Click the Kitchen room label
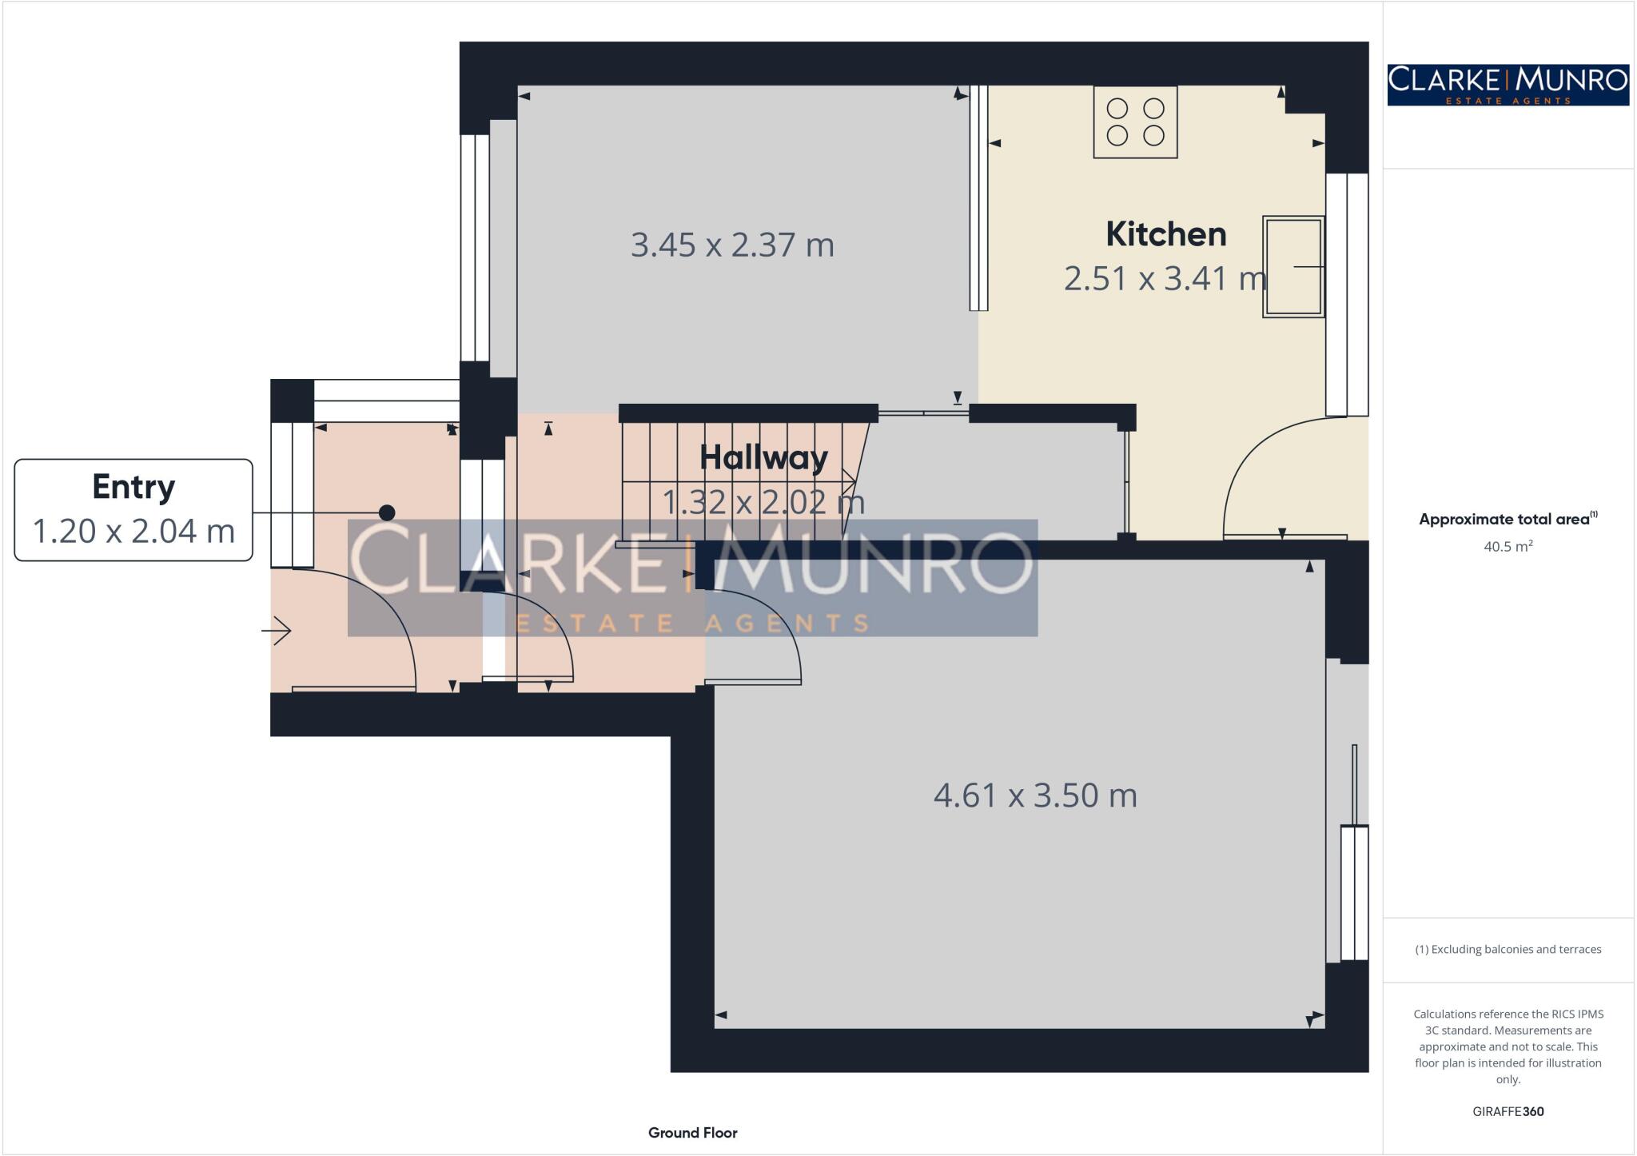pos(1165,234)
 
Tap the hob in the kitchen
pos(1135,122)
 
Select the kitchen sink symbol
pos(1292,266)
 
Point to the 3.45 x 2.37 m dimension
pos(732,245)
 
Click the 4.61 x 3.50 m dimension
pos(1035,795)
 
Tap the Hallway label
pos(763,457)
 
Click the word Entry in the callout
pos(133,486)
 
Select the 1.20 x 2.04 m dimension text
pos(133,531)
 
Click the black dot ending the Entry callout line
pos(387,512)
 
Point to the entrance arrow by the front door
pos(277,631)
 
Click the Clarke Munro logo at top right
pos(1508,85)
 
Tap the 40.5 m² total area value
pos(1508,547)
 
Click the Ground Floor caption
pos(692,1133)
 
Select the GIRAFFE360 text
pos(1508,1111)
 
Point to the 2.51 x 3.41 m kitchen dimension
pos(1165,278)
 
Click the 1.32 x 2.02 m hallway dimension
pos(763,502)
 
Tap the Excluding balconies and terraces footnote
pos(1508,950)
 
